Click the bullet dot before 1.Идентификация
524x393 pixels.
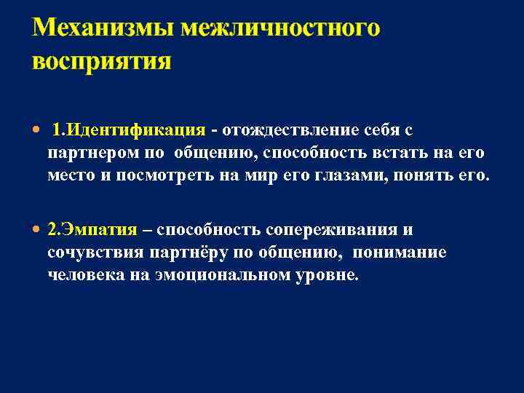tap(37, 130)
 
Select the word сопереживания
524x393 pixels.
tap(333, 231)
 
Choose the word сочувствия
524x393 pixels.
tap(94, 253)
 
